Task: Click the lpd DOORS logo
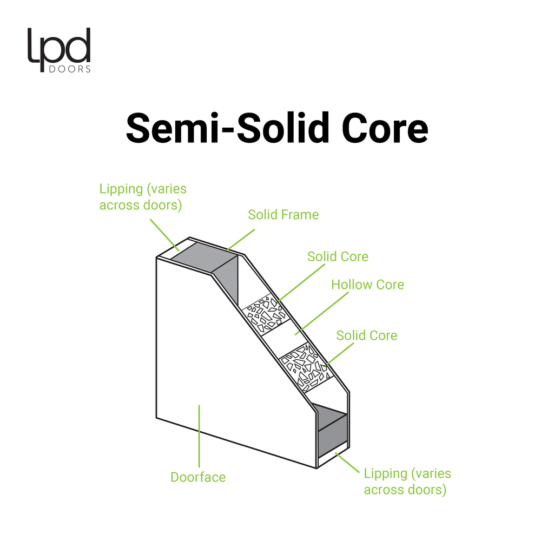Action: pos(59,50)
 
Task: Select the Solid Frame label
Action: pos(283,215)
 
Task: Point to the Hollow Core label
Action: pos(367,285)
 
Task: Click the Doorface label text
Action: pos(198,477)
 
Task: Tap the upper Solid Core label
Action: pos(338,256)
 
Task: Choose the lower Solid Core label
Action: pos(366,335)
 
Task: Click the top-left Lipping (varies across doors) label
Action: pos(143,197)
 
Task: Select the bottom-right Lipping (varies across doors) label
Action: pos(407,482)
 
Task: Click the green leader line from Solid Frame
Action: pos(241,238)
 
